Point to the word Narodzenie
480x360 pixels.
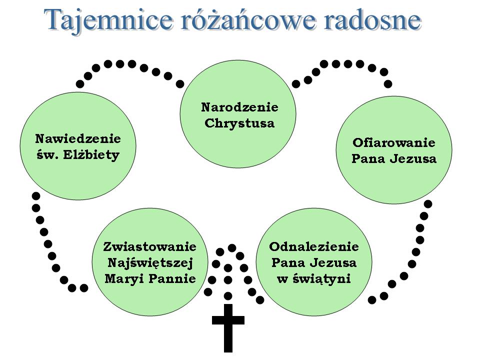coord(239,107)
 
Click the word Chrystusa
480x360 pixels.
coord(239,123)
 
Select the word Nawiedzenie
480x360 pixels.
coord(78,138)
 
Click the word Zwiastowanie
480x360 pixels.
coord(149,246)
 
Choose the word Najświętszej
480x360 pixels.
coord(149,262)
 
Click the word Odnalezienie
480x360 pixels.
coord(314,246)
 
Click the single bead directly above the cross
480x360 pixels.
coord(228,295)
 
